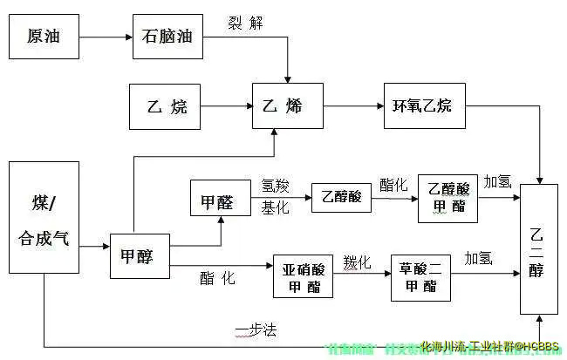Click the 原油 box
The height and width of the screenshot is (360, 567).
[x=44, y=37]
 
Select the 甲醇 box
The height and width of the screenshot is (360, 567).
[x=139, y=256]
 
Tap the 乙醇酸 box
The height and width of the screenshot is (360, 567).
[x=341, y=198]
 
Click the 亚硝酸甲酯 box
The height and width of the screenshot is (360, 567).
[x=302, y=275]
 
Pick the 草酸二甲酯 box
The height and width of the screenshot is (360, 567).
[x=421, y=275]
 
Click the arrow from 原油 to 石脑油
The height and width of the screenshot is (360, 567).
[x=105, y=37]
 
